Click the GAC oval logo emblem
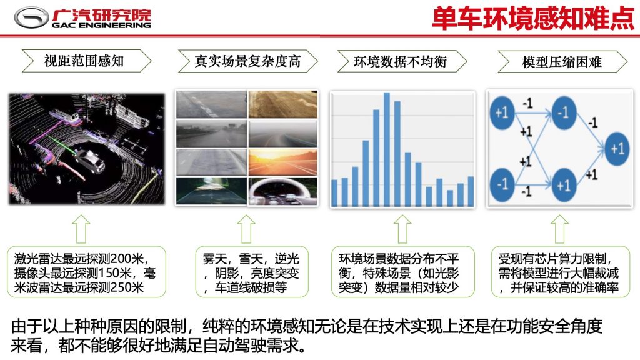tap(31, 18)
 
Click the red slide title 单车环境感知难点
tap(534, 18)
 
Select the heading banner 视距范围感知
tap(86, 61)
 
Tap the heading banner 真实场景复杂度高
tap(247, 61)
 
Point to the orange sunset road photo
tap(283, 162)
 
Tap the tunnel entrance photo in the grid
tap(283, 191)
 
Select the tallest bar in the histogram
tap(386, 149)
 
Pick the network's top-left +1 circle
tap(502, 112)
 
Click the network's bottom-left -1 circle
tap(502, 184)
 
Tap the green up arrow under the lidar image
tap(81, 229)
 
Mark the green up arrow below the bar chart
tap(402, 229)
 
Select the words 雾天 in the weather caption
tap(215, 259)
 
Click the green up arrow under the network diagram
tap(559, 229)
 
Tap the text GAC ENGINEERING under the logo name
tap(101, 25)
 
